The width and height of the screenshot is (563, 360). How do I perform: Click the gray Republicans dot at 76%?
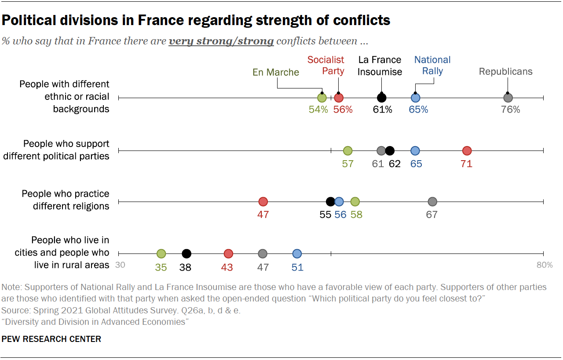508,98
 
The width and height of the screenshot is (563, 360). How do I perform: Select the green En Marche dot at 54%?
322,98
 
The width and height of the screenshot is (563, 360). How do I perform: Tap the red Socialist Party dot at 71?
467,151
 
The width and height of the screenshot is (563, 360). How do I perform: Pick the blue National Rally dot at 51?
297,253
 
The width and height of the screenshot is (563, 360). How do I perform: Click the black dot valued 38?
186,253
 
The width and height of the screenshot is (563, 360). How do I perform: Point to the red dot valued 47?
263,202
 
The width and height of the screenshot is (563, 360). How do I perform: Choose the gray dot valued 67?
432,202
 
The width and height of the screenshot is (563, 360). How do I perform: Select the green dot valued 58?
355,202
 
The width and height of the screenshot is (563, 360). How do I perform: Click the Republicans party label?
505,71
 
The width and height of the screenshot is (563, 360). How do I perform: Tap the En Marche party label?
276,72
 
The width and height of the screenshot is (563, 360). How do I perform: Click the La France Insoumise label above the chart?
380,66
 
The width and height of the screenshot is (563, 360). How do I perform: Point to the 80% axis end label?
544,265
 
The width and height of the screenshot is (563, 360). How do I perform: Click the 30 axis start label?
120,265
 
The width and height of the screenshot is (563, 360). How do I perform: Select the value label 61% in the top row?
382,110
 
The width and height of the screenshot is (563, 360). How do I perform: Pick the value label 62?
395,164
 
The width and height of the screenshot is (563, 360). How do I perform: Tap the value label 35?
161,267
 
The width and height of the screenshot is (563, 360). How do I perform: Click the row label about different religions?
66,200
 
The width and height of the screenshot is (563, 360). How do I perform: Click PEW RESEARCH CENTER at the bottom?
51,339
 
